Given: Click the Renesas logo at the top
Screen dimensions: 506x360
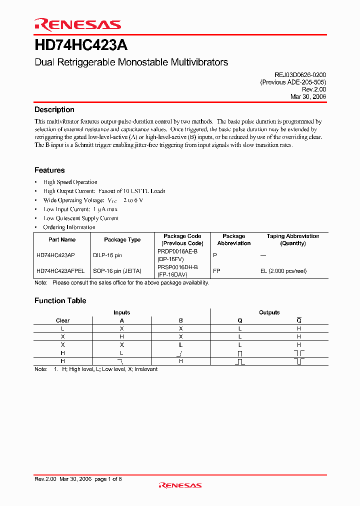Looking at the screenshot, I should [77, 24].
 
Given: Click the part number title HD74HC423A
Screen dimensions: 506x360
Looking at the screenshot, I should [81, 45].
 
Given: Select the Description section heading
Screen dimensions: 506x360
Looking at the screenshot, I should [54, 110].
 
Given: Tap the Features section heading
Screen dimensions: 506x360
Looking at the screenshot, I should [49, 170].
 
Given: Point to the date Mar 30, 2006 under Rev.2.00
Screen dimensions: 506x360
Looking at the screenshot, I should [308, 97].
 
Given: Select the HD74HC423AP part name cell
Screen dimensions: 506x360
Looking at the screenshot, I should [55, 255].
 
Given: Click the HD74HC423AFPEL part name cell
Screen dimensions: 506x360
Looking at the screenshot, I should [60, 271].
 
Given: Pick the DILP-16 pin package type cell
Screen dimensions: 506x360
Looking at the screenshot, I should [107, 255].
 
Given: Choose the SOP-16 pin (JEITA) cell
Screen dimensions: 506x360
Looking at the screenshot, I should [117, 271].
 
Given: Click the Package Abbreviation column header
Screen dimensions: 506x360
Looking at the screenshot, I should [233, 239].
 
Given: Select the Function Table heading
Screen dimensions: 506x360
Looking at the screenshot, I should [60, 300].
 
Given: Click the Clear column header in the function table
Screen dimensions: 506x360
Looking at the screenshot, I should [62, 320].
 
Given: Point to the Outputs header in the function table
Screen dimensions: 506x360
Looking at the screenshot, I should [269, 312].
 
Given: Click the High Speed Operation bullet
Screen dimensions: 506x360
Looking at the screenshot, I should [70, 182].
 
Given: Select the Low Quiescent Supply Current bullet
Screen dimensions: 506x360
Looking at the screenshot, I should [81, 218].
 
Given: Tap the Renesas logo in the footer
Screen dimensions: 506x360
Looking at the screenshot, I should [179, 485].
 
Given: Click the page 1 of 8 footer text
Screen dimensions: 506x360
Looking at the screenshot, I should [108, 479].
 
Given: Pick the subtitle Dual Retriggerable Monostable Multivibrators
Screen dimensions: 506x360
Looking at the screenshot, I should [131, 62].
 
